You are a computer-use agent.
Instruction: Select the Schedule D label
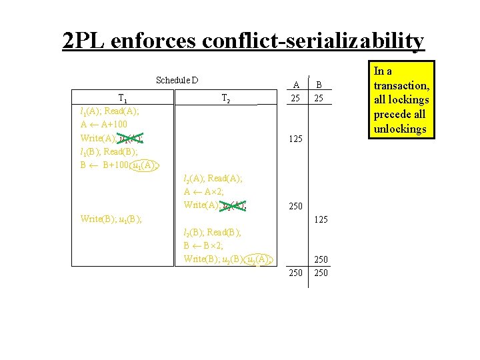(x=177, y=81)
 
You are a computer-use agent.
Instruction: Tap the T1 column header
(x=124, y=98)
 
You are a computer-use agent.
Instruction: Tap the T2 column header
(x=225, y=99)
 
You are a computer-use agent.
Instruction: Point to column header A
(x=296, y=84)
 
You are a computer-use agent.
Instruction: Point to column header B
(x=319, y=84)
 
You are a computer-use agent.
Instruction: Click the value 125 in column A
(x=296, y=139)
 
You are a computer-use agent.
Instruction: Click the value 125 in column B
(x=322, y=219)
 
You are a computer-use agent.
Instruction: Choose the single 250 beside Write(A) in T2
(x=296, y=207)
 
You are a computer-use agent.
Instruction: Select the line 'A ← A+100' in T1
(x=103, y=125)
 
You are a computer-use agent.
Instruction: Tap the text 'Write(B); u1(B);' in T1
(x=110, y=218)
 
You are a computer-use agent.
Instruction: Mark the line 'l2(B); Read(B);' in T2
(x=212, y=232)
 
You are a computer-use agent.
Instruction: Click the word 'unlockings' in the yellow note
(x=399, y=129)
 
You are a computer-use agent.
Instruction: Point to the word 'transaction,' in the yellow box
(x=401, y=85)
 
